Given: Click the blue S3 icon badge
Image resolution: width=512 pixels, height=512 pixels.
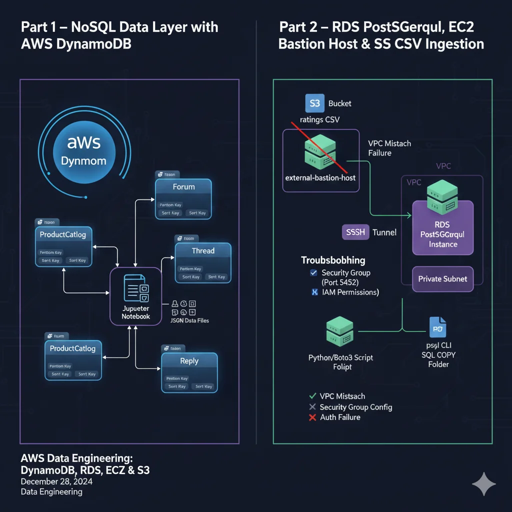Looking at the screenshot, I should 314,103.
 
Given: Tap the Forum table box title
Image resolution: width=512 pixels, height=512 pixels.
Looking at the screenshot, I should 183,187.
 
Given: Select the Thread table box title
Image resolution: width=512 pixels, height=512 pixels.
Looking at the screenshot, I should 203,251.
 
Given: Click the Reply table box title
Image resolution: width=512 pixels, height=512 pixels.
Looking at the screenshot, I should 189,361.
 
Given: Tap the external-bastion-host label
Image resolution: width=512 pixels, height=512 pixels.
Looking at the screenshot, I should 320,177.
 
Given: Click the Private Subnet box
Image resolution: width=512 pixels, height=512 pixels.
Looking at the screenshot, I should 442,279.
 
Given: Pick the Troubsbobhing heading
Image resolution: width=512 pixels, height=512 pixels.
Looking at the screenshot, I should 333,260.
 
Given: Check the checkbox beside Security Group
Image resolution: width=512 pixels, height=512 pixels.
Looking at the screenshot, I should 313,273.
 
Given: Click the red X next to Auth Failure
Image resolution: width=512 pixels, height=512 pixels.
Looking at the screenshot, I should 313,417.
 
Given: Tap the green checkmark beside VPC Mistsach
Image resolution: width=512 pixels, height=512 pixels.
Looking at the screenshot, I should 313,396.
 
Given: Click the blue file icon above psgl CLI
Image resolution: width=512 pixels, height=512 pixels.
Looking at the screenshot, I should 437,327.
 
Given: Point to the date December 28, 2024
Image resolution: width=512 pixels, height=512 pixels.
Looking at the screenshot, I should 56,482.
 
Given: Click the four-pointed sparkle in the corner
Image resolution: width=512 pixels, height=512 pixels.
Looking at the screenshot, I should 483,484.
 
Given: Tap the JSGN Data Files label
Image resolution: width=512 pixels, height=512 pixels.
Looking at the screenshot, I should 190,320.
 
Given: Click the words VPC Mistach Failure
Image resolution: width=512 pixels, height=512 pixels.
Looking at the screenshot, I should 389,148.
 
